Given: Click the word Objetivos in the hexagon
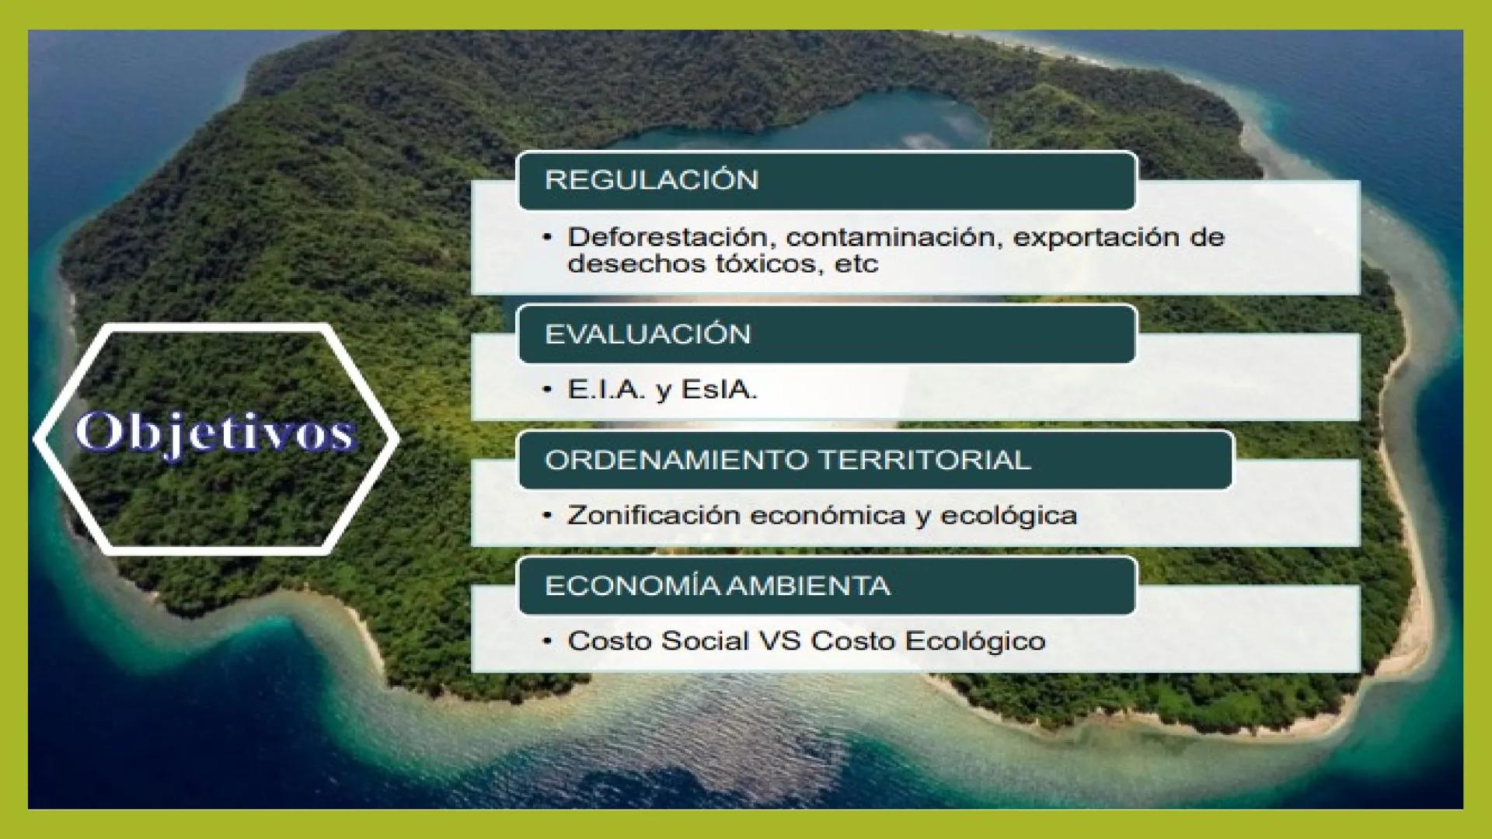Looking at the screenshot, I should point(215,432).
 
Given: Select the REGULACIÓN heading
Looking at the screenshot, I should point(651,180).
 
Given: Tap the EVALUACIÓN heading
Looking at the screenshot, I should point(647,334).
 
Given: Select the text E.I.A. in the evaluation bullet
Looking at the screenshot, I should point(606,389).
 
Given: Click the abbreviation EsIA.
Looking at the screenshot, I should point(719,389).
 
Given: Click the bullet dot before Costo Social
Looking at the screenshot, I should point(548,641).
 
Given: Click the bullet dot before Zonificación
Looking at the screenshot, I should point(548,514).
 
